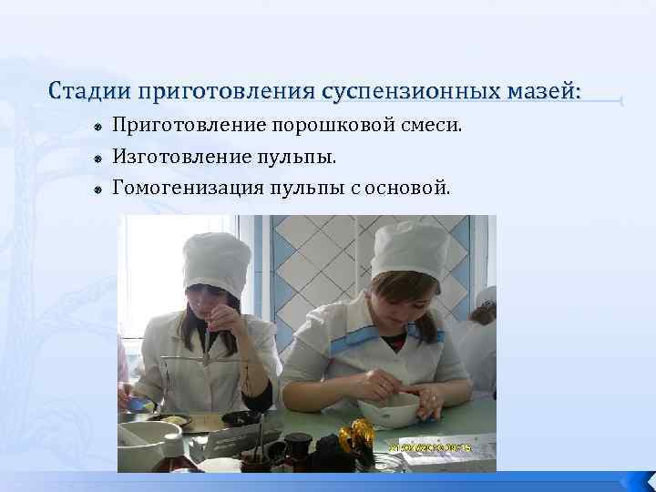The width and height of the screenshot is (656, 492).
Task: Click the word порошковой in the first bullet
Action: (343, 125)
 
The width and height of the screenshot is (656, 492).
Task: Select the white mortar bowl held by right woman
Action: (388, 412)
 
